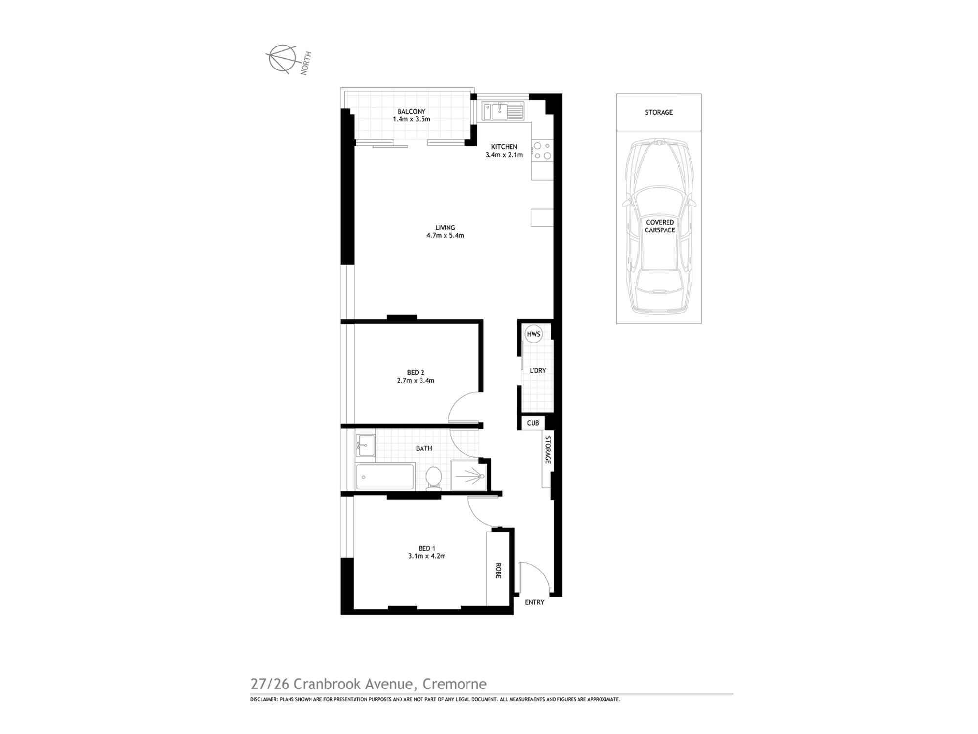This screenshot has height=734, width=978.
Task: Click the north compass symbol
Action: click(x=282, y=59)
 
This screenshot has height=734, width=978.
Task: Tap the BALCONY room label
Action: click(x=411, y=112)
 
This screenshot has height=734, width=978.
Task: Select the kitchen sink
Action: click(x=502, y=111)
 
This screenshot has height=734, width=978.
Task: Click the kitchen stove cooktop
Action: click(x=542, y=151)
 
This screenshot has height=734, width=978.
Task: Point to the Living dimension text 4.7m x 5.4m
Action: click(x=445, y=235)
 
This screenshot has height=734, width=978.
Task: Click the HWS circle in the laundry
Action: click(x=533, y=334)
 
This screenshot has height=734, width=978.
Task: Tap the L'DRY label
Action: click(x=538, y=371)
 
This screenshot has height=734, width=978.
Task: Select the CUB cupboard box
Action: click(x=533, y=423)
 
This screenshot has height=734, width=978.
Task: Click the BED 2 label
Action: click(x=416, y=373)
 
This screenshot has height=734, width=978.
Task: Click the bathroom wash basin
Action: click(x=365, y=445)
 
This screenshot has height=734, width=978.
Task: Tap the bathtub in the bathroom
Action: click(x=385, y=477)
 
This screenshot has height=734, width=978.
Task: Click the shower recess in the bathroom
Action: click(x=468, y=475)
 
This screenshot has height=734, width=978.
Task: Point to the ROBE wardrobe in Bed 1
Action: click(x=498, y=570)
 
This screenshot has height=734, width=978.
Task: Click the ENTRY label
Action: click(x=534, y=602)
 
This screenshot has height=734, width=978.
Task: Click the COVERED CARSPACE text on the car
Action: click(x=660, y=226)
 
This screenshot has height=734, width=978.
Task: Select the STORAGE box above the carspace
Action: click(x=659, y=112)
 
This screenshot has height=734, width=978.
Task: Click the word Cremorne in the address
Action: click(x=454, y=684)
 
